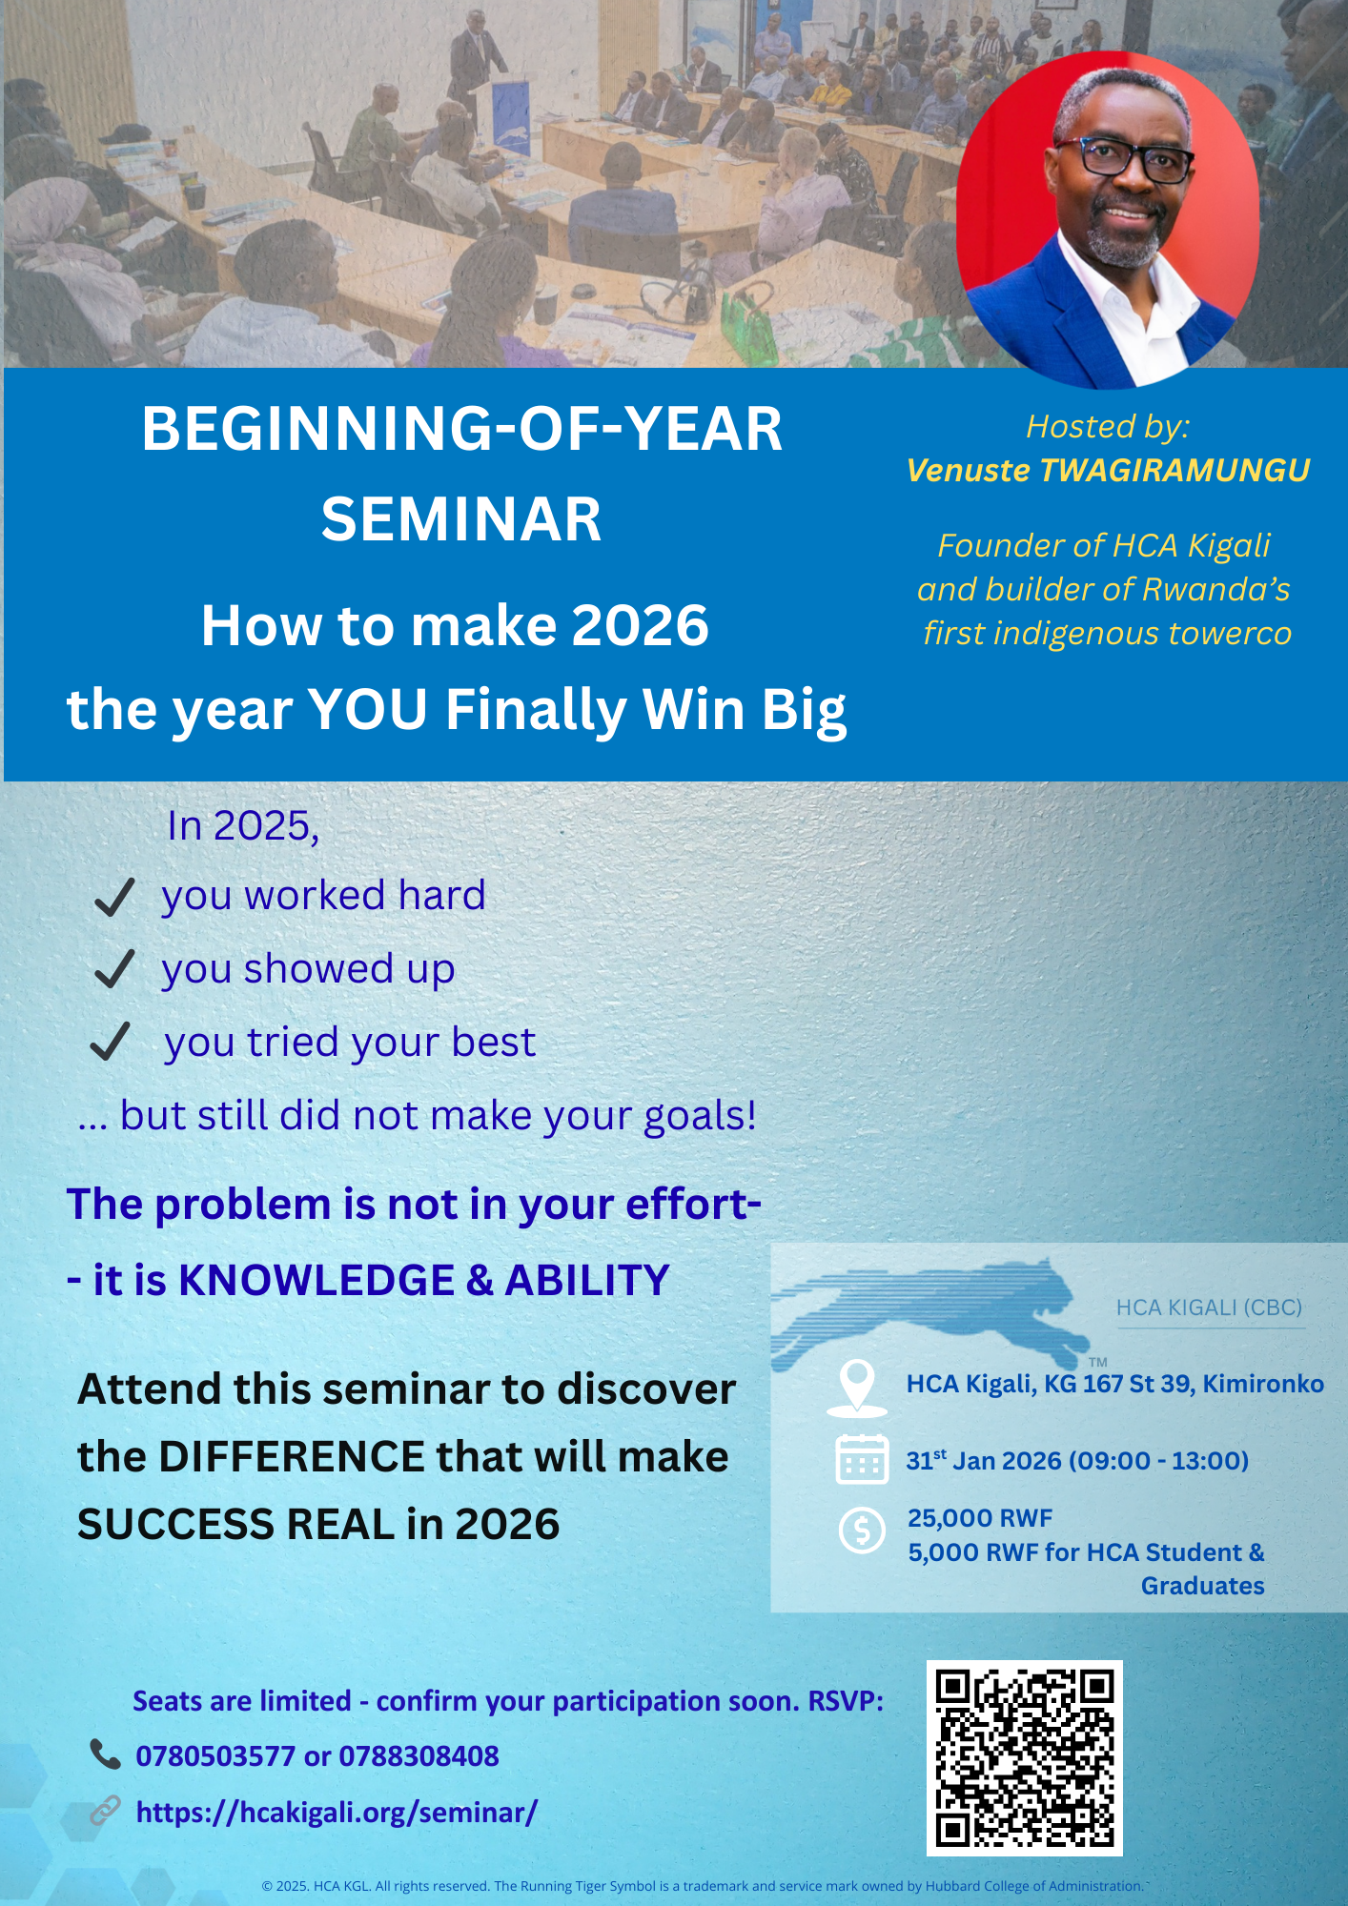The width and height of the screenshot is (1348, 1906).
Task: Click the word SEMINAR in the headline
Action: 461,519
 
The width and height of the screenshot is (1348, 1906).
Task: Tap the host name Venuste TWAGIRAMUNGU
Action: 1108,471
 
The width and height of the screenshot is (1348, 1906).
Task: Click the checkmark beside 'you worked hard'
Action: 114,898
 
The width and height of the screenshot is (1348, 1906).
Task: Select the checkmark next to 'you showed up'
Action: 114,969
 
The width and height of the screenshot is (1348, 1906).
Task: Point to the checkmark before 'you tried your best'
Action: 110,1042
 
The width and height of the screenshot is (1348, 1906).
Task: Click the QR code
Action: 1025,1758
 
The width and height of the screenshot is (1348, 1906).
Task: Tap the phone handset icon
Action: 105,1754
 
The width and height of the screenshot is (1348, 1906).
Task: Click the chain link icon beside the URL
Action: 105,1811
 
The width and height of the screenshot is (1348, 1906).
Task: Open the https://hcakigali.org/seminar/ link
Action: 337,1813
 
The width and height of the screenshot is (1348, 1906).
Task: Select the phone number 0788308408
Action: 419,1756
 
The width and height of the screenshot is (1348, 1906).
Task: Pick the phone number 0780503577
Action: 215,1756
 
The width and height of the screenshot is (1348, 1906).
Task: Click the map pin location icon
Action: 857,1388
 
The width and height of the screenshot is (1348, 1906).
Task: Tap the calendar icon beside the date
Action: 862,1459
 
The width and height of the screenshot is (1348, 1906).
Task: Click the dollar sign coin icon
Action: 862,1530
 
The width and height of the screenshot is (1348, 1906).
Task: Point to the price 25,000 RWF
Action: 980,1518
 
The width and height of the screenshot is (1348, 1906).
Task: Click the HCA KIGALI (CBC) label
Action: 1209,1308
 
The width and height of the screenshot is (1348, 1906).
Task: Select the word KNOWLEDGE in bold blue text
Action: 317,1280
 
